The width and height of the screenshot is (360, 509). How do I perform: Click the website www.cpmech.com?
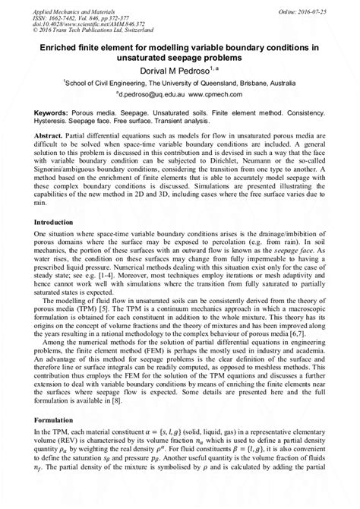tap(223, 96)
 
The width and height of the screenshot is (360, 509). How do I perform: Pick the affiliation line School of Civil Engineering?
tap(179, 85)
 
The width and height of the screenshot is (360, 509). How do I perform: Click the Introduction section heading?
tap(58, 223)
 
